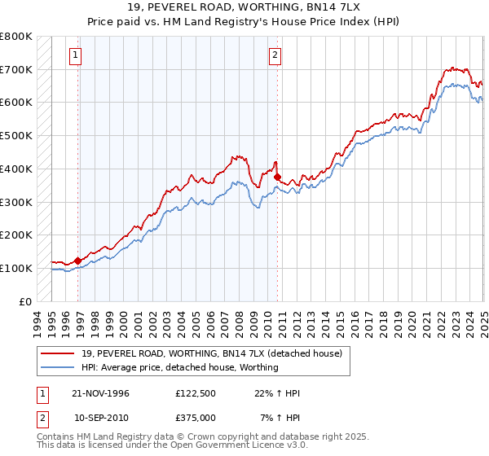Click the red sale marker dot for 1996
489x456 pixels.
pos(78,261)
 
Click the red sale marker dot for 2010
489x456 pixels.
pos(278,177)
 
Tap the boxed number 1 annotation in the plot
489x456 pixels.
pos(75,55)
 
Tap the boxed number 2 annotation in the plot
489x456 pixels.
pos(275,55)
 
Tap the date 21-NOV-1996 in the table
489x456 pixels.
pos(101,393)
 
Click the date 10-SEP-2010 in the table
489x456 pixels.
pos(101,418)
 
